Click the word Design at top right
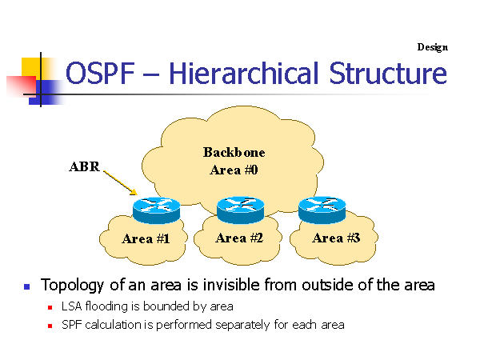tap(432, 47)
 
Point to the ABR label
tap(84, 168)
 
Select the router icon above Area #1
tap(157, 210)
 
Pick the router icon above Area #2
tap(240, 210)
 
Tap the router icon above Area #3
tap(322, 210)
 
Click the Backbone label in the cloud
tap(234, 152)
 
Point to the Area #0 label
tap(234, 170)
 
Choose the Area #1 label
tap(145, 238)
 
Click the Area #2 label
tap(238, 238)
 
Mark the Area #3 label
tap(334, 238)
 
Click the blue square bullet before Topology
tap(26, 286)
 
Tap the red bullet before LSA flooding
tap(50, 306)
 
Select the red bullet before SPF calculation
tap(50, 326)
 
